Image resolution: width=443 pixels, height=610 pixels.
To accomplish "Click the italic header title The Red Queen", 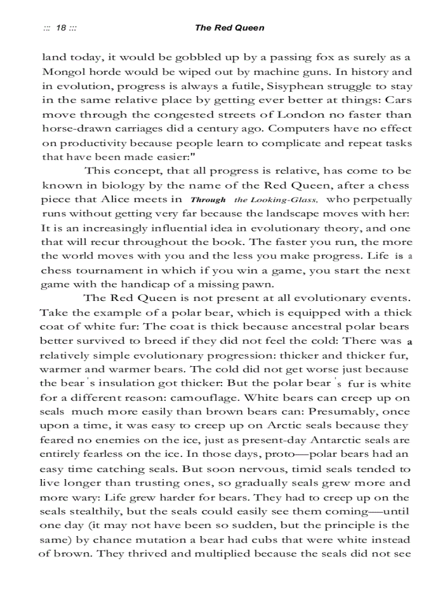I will [x=230, y=28].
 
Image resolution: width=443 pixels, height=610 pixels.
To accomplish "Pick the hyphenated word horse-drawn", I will [x=71, y=129].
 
